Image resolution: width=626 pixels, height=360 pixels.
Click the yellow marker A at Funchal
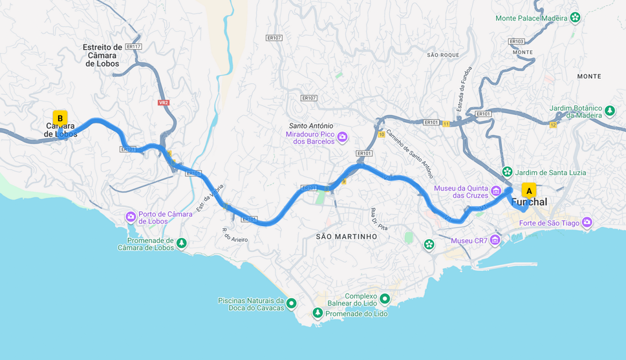(529, 191)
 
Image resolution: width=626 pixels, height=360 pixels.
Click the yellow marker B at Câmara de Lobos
(60, 118)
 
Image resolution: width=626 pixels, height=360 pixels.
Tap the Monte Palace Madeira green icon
(575, 17)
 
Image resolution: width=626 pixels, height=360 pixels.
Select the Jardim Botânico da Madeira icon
(610, 111)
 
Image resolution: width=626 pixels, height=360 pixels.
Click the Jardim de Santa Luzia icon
(508, 172)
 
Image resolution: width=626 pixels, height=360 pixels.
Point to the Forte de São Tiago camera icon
(587, 222)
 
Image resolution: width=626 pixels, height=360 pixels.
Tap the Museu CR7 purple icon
(495, 240)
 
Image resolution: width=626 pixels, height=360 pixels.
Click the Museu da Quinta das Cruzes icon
(496, 191)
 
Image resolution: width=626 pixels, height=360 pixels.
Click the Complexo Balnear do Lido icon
(385, 299)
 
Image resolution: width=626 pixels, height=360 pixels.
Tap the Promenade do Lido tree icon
(318, 313)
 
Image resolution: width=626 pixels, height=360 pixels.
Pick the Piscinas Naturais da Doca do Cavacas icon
(292, 303)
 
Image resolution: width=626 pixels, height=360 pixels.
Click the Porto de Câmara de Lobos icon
(131, 217)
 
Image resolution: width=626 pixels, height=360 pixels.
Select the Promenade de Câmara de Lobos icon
(182, 243)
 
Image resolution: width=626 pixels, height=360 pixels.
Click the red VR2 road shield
(164, 103)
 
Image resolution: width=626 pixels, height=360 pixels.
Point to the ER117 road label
(134, 47)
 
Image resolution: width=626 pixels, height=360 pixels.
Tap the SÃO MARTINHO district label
(347, 237)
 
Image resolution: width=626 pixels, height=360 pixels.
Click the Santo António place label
(311, 126)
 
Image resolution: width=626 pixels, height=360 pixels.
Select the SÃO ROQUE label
(443, 55)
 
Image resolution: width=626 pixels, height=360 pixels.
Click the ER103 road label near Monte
(517, 41)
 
